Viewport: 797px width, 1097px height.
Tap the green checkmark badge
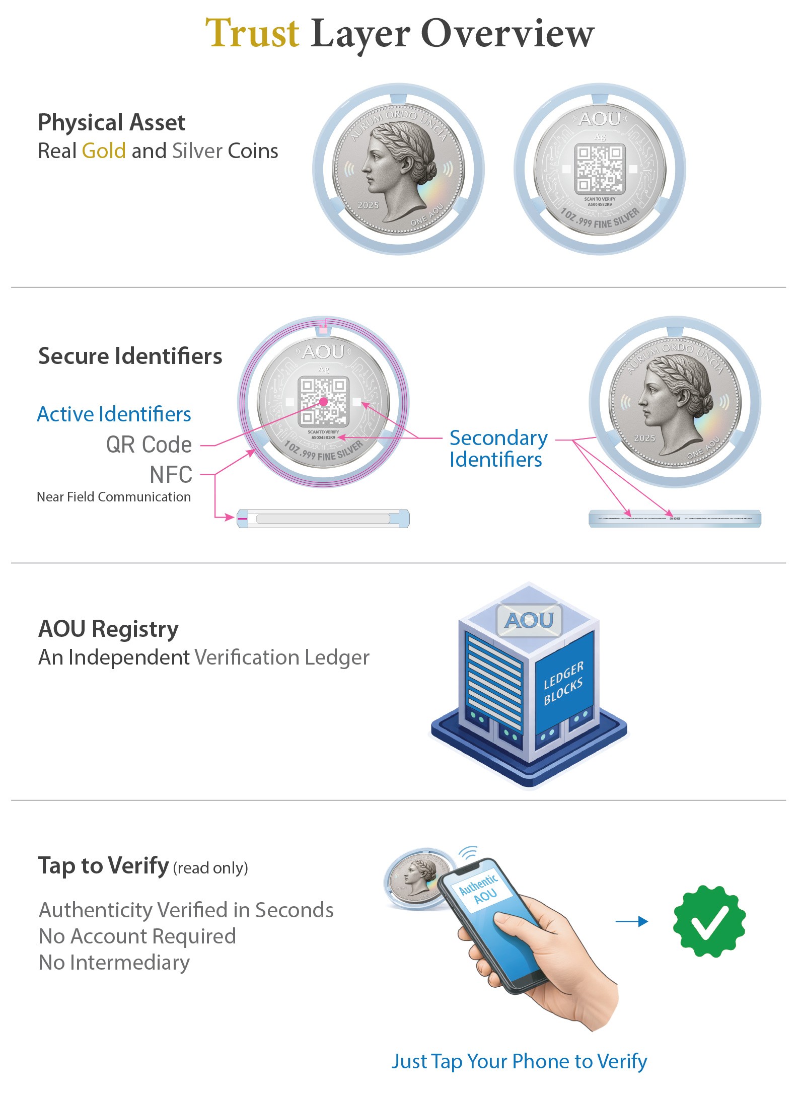(709, 921)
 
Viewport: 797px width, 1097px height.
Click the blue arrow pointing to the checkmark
(632, 921)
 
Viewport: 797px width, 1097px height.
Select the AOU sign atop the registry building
(529, 620)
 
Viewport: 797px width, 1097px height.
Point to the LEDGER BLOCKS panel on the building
(563, 683)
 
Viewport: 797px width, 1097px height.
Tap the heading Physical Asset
(112, 122)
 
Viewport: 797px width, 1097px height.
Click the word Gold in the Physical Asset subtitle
(104, 151)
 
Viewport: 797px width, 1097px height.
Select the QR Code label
(149, 445)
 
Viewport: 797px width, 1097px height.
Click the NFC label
(171, 474)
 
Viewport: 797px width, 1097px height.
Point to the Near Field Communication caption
(114, 497)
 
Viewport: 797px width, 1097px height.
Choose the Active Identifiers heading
(114, 414)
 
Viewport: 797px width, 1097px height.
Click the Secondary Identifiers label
(498, 449)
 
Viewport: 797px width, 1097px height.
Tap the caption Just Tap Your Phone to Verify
(519, 1061)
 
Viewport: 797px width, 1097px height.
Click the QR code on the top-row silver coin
(600, 169)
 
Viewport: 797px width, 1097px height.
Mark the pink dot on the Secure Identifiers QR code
(323, 402)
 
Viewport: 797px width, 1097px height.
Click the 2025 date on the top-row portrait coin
(368, 205)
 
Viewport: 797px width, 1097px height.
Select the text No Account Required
(137, 936)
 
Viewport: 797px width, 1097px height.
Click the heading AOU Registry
(109, 629)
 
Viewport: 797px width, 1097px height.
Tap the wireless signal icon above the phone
(469, 853)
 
